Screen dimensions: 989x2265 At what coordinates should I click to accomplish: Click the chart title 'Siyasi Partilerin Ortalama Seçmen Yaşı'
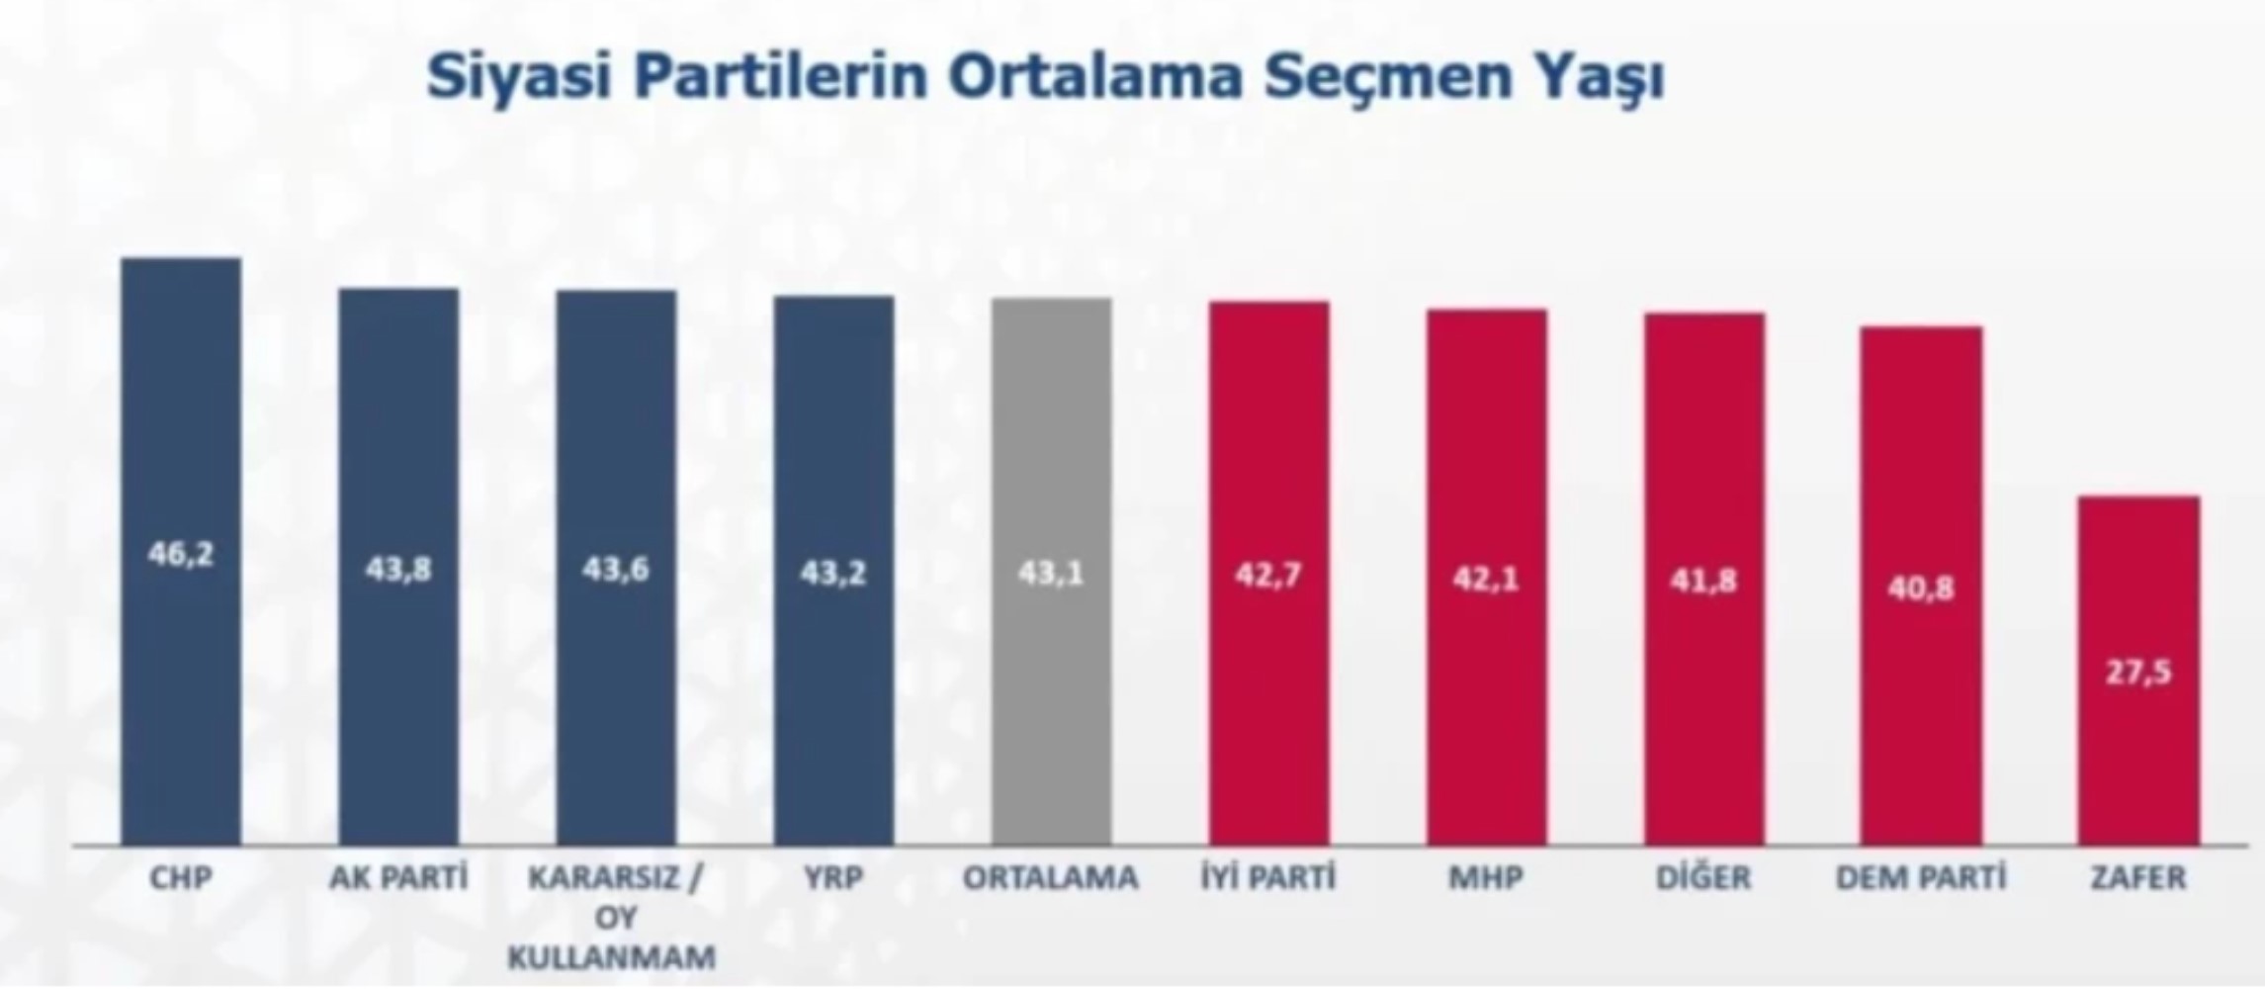[1045, 77]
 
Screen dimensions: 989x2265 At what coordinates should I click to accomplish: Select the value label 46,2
[181, 555]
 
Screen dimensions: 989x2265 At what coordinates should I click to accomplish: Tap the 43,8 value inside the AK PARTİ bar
[398, 569]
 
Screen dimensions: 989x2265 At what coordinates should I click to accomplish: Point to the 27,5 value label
[2138, 673]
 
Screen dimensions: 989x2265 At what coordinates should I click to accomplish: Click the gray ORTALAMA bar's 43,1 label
[1051, 573]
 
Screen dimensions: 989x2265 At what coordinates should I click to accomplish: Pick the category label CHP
[181, 878]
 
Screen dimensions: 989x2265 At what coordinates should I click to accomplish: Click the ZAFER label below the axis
[2138, 878]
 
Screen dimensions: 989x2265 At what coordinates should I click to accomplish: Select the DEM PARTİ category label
[1921, 878]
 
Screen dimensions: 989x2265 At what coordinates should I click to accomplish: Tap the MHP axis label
[1486, 878]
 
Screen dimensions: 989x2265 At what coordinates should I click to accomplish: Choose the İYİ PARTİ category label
[1268, 878]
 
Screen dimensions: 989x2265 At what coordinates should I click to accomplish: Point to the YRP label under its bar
[833, 878]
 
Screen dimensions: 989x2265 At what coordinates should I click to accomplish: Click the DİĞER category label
[1703, 878]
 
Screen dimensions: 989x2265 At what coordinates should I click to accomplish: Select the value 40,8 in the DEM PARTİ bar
[1921, 589]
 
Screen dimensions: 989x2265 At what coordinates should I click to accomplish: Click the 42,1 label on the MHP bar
[1486, 579]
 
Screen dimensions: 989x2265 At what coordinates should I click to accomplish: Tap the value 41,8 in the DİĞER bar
[1703, 581]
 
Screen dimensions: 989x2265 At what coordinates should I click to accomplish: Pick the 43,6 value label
[615, 569]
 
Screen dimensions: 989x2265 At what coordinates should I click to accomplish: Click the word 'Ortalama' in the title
[1094, 77]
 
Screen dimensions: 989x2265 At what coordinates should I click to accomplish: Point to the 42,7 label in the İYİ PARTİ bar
[1268, 575]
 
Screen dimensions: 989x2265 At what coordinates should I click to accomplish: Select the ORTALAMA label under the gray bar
[1051, 878]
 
